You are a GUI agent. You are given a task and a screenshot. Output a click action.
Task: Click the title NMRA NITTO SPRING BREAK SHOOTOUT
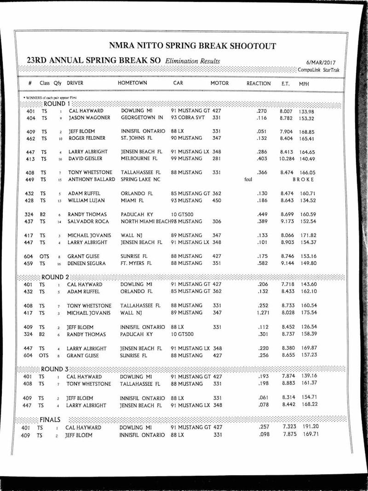(193, 46)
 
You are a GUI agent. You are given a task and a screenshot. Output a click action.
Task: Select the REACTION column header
(259, 83)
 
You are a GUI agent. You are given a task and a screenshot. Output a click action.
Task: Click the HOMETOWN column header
(132, 83)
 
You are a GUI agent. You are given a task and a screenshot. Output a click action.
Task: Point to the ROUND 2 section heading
(55, 277)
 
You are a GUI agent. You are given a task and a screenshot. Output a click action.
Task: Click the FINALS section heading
(50, 420)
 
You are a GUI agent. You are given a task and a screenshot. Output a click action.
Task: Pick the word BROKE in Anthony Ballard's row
(304, 179)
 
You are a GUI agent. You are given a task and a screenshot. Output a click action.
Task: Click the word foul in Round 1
(248, 180)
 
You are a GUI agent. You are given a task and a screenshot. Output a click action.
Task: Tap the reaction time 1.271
(263, 313)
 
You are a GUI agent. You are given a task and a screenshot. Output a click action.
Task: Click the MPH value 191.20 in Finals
(310, 427)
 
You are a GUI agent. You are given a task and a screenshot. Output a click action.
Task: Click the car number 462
(31, 139)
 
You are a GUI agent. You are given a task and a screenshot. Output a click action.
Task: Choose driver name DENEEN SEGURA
(87, 264)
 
